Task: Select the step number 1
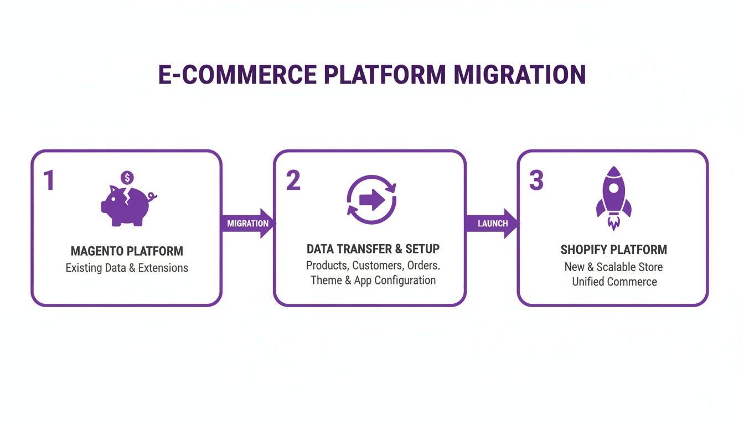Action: pos(49,181)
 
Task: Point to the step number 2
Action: pos(293,180)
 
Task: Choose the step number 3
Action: pos(536,180)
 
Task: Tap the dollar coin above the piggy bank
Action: pos(128,178)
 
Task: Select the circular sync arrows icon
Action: pos(371,200)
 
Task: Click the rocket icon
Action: pos(613,194)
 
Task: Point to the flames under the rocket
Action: pos(613,223)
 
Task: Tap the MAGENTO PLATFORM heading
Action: pos(127,251)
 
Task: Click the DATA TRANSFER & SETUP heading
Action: pos(373,248)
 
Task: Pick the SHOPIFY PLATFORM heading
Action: pos(613,250)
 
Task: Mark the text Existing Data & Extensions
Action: pos(127,268)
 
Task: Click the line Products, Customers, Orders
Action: pos(373,265)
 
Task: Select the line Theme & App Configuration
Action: pos(373,281)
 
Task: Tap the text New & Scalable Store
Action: pos(613,267)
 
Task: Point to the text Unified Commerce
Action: pos(614,282)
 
